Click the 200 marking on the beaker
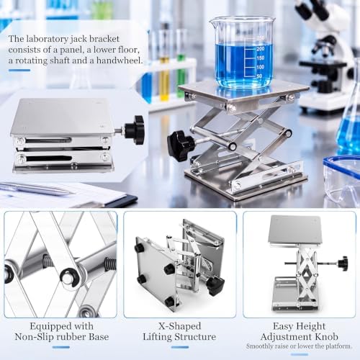point(261,49)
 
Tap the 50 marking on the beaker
point(259,76)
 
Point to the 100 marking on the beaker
point(261,67)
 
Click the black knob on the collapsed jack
point(135,130)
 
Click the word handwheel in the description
point(120,60)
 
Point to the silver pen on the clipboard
point(36,188)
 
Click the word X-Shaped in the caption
point(179,326)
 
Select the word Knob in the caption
point(326,336)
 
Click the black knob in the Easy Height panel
point(343,264)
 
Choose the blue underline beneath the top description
point(19,71)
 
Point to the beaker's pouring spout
point(212,22)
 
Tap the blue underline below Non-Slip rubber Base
point(61,347)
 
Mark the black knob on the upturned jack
point(215,285)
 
